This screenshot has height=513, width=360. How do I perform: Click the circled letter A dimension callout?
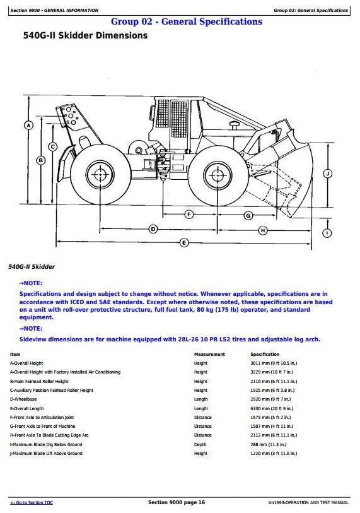pos(29,125)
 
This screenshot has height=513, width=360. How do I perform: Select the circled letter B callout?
pos(40,160)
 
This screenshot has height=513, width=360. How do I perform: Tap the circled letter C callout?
pos(52,147)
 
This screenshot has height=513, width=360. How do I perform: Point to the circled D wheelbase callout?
pos(153,229)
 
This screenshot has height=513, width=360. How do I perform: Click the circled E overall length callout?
pos(184,242)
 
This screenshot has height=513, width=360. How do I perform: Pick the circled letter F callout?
pos(189,215)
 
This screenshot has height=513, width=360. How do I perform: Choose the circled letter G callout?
pos(248,215)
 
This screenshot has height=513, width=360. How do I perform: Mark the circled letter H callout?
pos(263,230)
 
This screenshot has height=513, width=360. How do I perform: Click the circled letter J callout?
pos(327,174)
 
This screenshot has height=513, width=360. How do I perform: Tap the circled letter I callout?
pos(327,233)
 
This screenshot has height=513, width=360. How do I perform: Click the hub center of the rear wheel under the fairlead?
pos(100,174)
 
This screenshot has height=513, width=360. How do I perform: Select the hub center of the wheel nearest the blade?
pos(218,175)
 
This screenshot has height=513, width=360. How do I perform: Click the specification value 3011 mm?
pos(274,363)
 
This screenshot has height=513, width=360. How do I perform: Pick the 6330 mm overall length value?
pos(272,408)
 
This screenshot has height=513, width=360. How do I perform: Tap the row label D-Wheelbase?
pos(23,399)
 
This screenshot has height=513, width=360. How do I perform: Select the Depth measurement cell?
pos(200,445)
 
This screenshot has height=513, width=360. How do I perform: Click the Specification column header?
pos(265,355)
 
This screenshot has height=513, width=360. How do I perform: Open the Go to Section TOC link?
pos(32,502)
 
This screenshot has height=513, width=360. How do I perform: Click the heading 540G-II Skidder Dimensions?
pos(85,35)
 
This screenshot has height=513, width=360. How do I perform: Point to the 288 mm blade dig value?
pos(269,445)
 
